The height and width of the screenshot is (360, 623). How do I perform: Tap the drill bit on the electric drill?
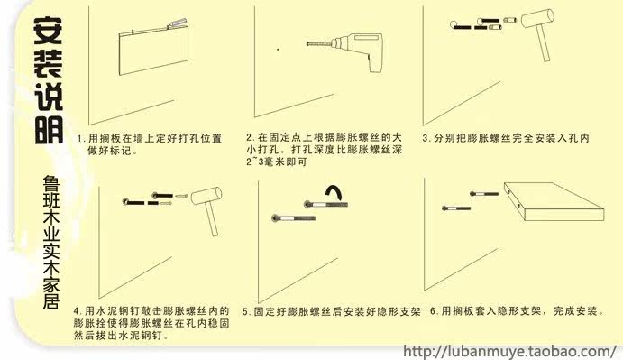319,42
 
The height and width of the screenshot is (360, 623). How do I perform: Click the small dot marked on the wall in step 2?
278,50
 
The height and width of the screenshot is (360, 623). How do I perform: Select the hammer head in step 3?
537,18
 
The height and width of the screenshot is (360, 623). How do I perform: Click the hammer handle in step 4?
212,219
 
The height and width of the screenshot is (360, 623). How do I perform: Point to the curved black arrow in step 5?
334,191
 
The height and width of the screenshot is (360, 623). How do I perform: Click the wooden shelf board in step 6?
554,201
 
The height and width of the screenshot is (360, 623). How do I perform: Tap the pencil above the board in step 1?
178,23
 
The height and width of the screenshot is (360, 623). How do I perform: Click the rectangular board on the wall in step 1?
154,51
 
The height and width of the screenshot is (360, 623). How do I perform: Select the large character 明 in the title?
49,130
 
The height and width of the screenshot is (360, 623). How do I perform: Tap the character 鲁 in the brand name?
51,183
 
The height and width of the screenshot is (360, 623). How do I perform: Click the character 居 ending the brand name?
51,300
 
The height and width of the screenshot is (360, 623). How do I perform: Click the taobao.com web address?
509,352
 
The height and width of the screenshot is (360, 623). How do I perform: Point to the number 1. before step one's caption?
81,138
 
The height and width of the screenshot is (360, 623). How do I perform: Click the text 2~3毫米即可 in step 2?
277,162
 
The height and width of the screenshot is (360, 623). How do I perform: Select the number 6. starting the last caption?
435,311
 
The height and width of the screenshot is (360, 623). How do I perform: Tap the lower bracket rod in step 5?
294,218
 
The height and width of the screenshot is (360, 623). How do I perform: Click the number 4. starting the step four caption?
78,310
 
